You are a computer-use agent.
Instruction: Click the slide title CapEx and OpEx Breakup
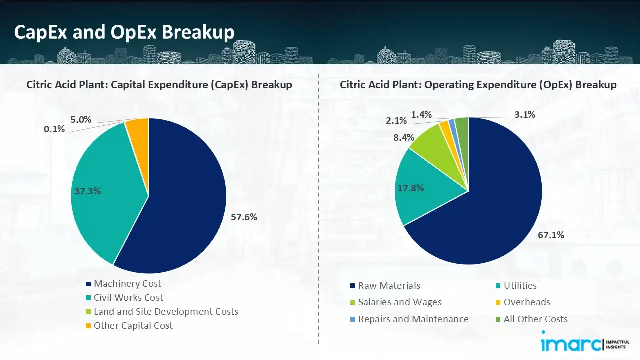[124, 32]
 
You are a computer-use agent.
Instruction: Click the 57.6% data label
[244, 217]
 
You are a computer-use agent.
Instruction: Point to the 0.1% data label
[54, 129]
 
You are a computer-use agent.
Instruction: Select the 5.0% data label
[80, 119]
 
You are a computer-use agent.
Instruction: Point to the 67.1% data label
[551, 235]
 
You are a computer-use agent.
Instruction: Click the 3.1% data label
[525, 115]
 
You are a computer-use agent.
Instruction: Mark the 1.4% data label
[421, 115]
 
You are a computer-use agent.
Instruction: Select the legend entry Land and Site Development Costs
[165, 312]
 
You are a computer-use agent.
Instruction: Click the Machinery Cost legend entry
[127, 284]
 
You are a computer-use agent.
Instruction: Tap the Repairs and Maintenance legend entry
[413, 319]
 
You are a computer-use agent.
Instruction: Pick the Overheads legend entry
[526, 302]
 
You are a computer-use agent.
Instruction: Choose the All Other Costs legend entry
[535, 319]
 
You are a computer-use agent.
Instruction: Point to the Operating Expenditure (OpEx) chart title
[478, 85]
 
